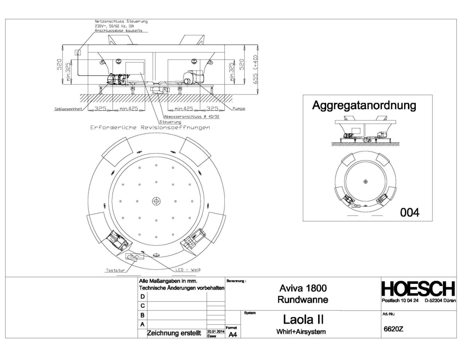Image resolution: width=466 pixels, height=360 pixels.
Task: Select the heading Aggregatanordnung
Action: coord(364,106)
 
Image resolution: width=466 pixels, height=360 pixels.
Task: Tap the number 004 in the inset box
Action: coord(410,212)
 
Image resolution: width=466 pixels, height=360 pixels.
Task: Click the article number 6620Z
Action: coord(394,329)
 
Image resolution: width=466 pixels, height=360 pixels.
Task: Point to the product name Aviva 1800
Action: coord(303,288)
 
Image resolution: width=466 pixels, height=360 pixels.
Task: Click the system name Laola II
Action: coord(303,320)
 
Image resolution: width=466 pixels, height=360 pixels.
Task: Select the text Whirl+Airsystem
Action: coord(301,332)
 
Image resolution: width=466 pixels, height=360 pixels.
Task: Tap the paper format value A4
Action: coord(233,335)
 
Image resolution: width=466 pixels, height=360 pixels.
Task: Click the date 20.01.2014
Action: coord(216,331)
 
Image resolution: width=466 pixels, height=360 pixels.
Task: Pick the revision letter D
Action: coord(143,297)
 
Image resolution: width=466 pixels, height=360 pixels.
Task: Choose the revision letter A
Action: coord(143,324)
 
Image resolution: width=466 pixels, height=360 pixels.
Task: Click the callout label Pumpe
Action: coord(239,108)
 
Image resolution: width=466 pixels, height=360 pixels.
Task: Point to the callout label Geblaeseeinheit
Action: coord(68,109)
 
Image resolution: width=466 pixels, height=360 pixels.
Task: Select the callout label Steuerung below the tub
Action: coord(170,122)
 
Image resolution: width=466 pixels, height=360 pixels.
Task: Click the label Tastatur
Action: coord(115,270)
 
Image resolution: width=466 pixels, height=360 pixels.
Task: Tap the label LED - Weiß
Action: coord(188,270)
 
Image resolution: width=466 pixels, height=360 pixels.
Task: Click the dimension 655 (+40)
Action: coord(255,69)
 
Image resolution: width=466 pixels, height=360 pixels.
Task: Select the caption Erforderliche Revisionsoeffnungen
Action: coord(150,128)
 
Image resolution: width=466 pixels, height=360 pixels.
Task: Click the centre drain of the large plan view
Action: coord(157,201)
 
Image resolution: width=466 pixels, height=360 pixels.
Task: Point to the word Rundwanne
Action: coord(303,300)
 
